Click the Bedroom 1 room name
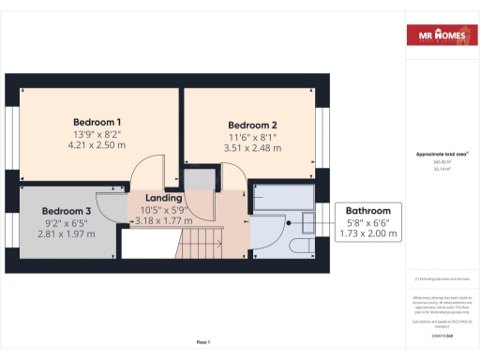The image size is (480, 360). point(97,122)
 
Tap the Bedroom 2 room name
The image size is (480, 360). point(252,125)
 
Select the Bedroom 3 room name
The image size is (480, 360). point(67,211)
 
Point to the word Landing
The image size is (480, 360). point(163,199)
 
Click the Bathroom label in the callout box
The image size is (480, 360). point(367,210)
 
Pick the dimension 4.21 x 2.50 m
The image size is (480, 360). point(97,145)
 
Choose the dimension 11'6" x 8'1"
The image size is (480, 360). point(252,137)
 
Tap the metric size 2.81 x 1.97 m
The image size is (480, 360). point(67,234)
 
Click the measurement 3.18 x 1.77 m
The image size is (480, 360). point(163,221)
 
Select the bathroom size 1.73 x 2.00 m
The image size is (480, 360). point(367,233)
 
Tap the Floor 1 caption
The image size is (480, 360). point(203,342)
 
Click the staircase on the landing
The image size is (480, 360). point(198,246)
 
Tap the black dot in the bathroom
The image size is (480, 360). point(290,224)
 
